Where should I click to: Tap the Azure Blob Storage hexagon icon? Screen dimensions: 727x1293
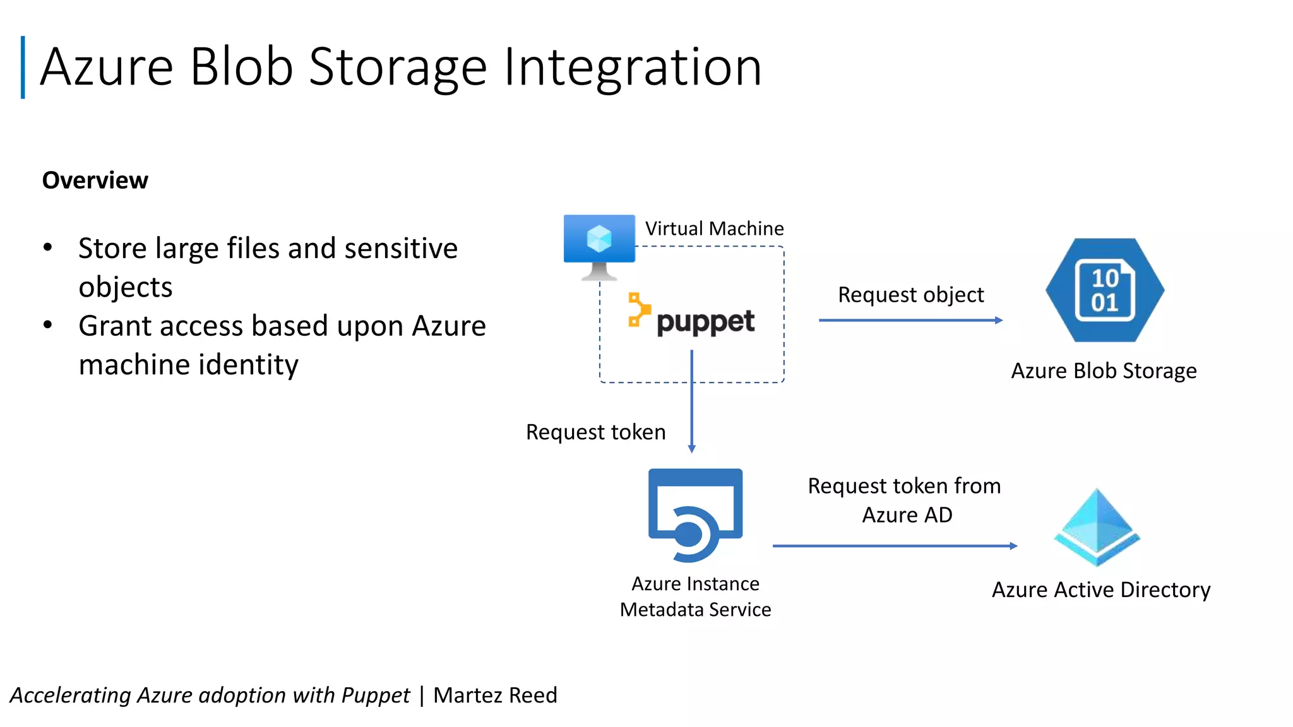click(x=1104, y=290)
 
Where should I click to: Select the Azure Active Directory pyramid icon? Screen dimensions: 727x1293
click(x=1097, y=528)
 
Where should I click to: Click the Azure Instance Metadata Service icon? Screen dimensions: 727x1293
click(x=695, y=514)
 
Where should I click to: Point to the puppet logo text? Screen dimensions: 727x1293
click(x=705, y=322)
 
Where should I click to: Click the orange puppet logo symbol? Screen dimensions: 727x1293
click(x=638, y=309)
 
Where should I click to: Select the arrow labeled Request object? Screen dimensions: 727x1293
click(x=910, y=320)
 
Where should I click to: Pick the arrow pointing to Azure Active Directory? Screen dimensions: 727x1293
click(x=894, y=546)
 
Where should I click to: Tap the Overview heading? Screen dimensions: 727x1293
click(x=95, y=180)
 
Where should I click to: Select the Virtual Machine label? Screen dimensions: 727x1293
click(x=714, y=228)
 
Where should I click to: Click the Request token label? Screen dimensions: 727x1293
click(x=595, y=432)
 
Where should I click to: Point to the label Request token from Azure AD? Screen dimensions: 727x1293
click(x=905, y=500)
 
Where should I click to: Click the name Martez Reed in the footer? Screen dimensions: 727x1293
click(x=495, y=695)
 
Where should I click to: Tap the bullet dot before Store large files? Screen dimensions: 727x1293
click(x=48, y=247)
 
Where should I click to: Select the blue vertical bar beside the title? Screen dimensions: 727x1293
click(x=23, y=67)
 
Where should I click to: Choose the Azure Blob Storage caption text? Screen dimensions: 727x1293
click(x=1104, y=371)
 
